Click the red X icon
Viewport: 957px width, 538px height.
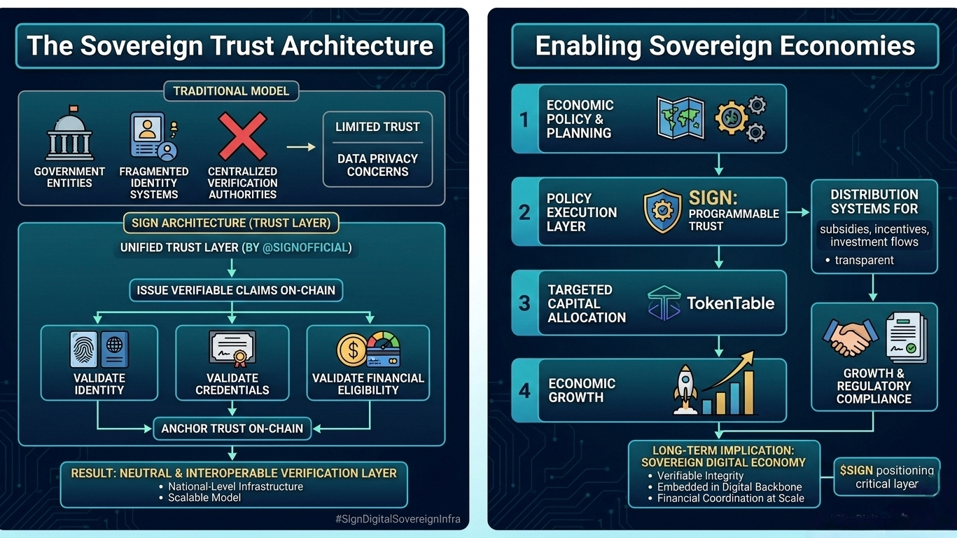(242, 136)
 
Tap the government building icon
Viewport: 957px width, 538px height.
(69, 135)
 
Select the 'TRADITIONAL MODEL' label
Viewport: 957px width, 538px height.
(231, 91)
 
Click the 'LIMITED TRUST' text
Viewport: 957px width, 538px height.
(377, 127)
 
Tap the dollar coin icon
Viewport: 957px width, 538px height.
(351, 350)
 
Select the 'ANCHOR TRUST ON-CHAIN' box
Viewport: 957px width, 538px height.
(232, 429)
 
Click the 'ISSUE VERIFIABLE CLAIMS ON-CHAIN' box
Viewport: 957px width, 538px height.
(236, 290)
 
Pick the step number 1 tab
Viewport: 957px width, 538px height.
(524, 119)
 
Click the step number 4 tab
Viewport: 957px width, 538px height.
(524, 390)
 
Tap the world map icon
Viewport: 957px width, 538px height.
(680, 118)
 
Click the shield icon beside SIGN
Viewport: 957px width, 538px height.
(662, 210)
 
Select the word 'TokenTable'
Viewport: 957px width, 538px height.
(730, 303)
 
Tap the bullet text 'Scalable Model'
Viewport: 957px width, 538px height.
(204, 497)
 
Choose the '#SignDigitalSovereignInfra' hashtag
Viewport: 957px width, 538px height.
(398, 519)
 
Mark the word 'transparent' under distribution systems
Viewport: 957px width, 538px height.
(864, 260)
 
